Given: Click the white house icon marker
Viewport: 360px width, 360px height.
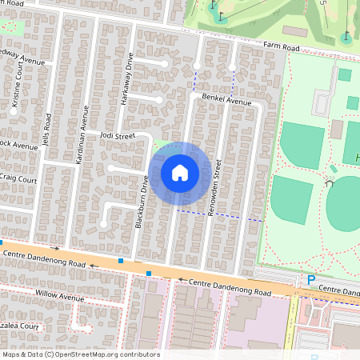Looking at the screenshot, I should tap(180, 172).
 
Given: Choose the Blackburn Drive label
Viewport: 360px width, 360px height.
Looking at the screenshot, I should tap(141, 203).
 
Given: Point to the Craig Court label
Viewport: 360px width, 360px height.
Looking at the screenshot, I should tap(18, 179).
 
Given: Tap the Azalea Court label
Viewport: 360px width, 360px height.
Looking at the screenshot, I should tap(20, 327).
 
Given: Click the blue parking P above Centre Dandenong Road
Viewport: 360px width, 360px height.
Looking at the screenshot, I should tap(310, 279).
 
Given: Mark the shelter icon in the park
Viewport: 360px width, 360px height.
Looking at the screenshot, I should tap(329, 182).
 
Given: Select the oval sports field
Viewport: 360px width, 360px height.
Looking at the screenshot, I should tap(344, 205).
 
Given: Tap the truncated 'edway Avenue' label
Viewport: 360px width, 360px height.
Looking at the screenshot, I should tap(22, 60).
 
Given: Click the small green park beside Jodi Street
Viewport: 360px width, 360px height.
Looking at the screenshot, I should tap(162, 144).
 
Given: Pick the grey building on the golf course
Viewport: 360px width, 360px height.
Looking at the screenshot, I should tap(294, 30).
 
